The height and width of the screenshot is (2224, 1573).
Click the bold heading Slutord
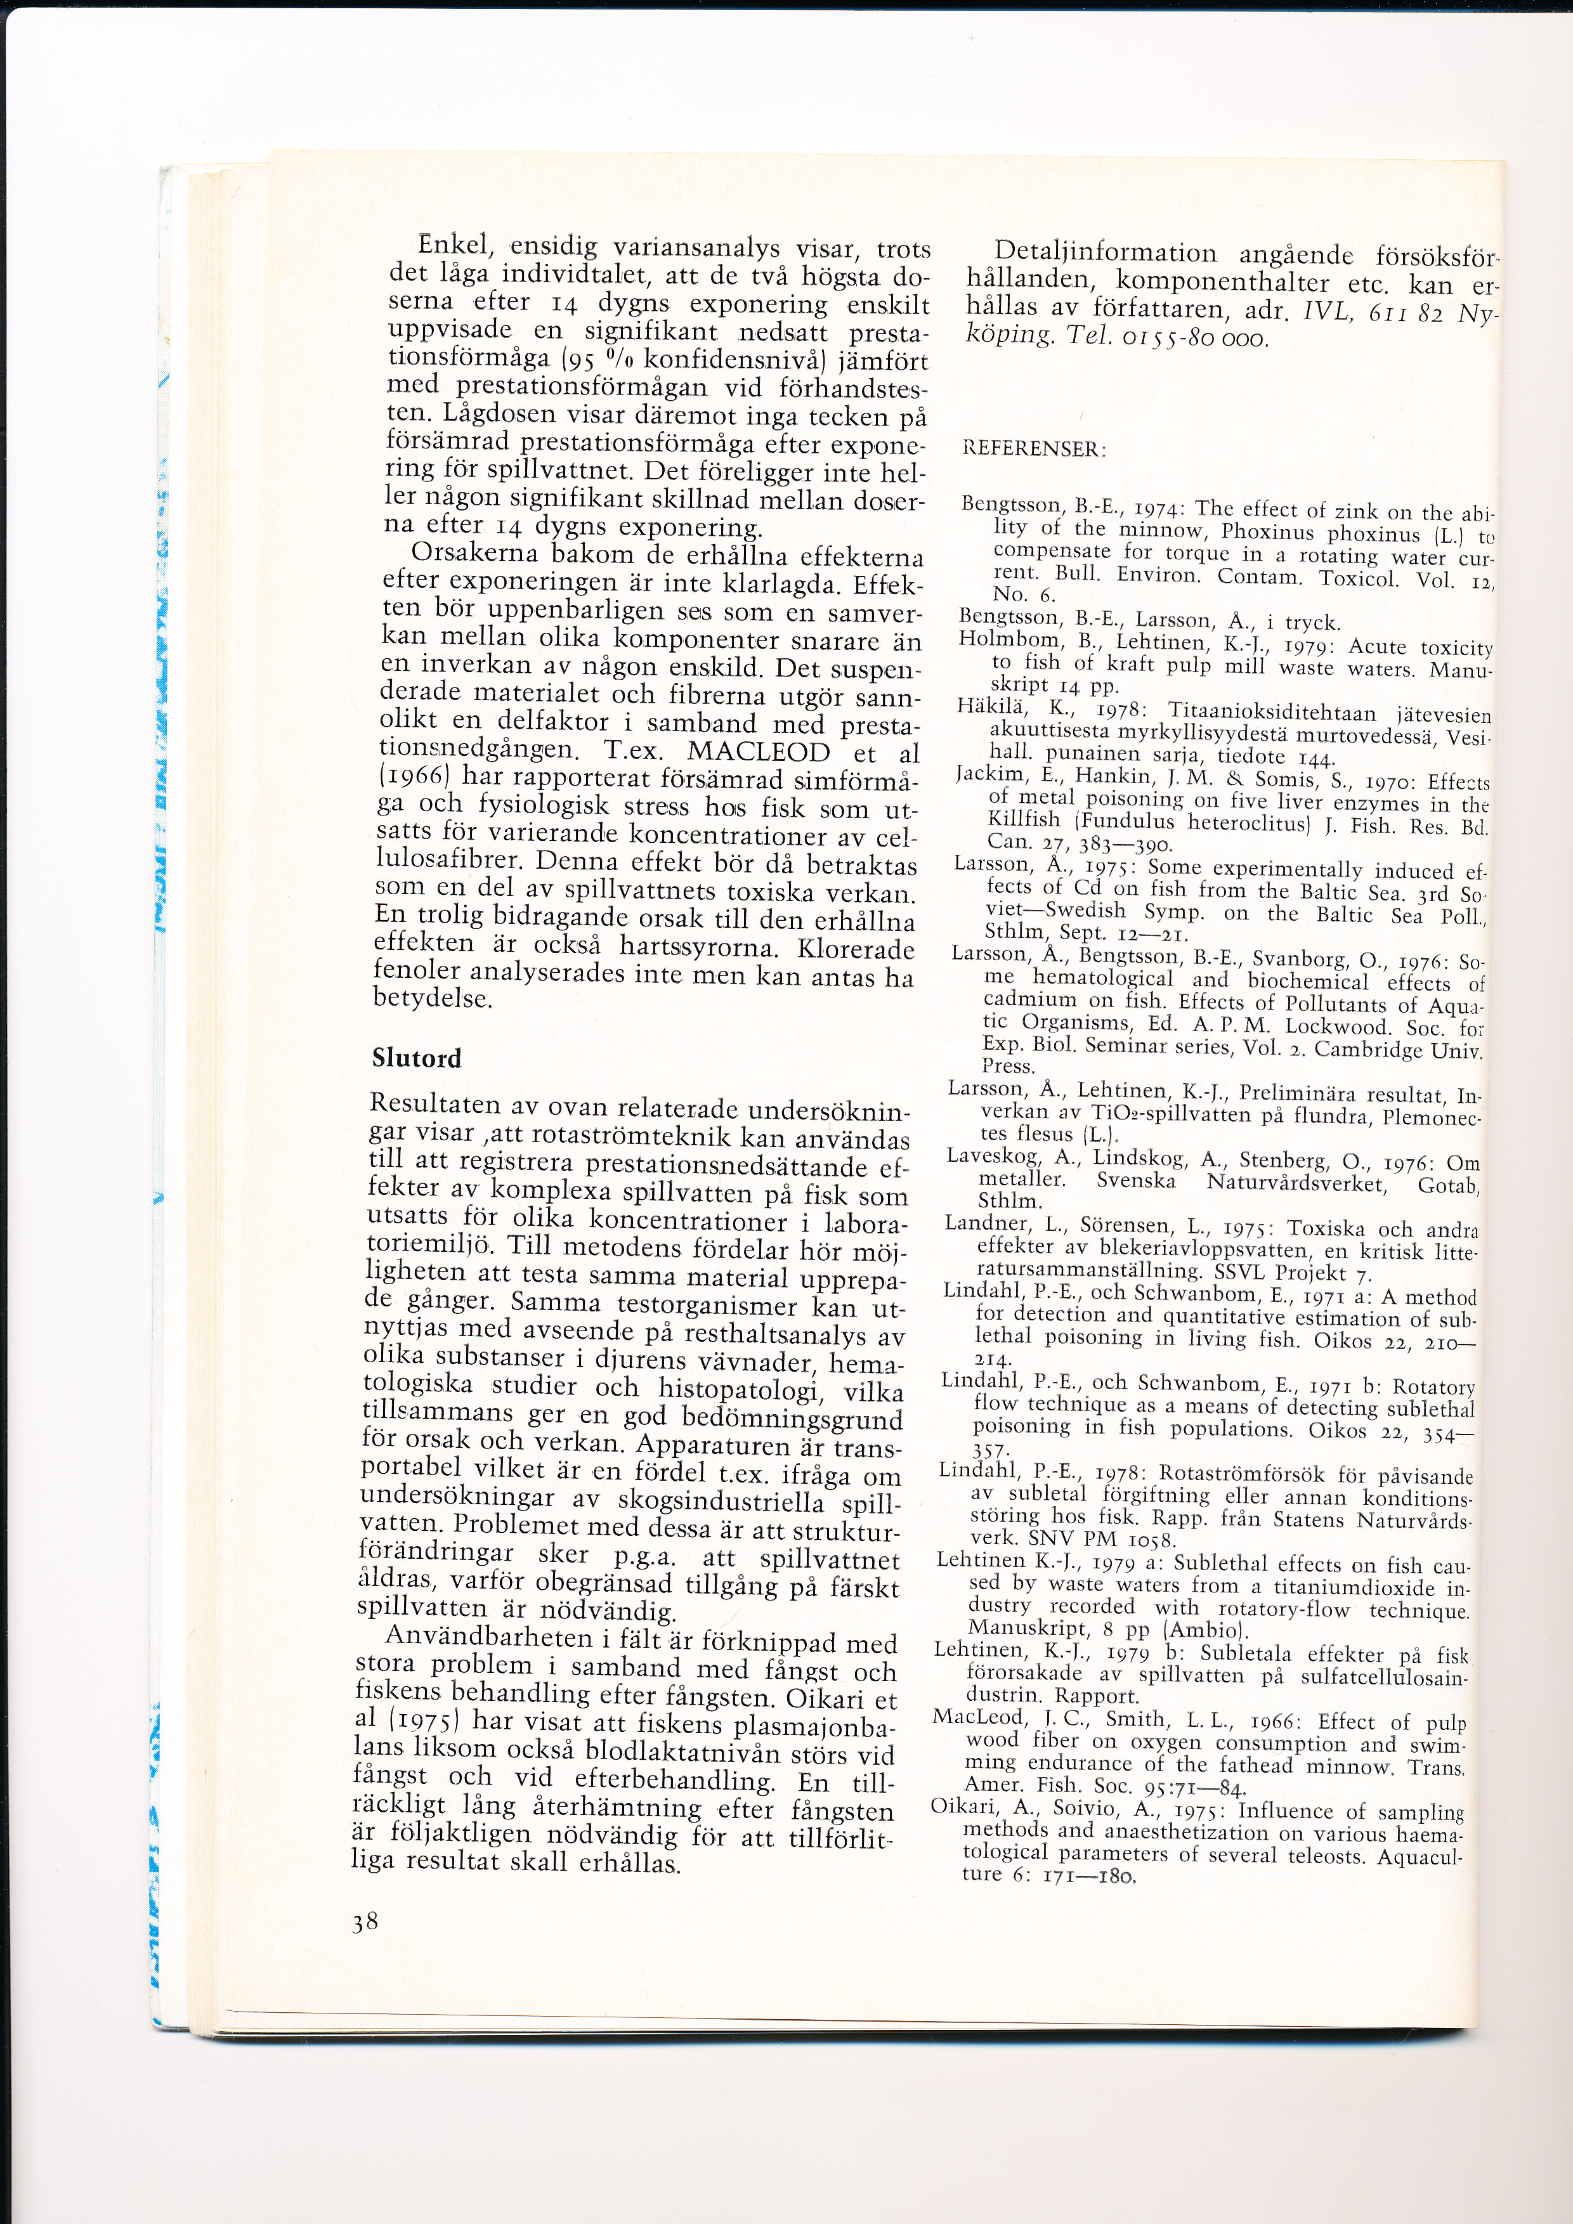[x=417, y=1058]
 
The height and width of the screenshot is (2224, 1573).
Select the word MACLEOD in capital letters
[x=759, y=753]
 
